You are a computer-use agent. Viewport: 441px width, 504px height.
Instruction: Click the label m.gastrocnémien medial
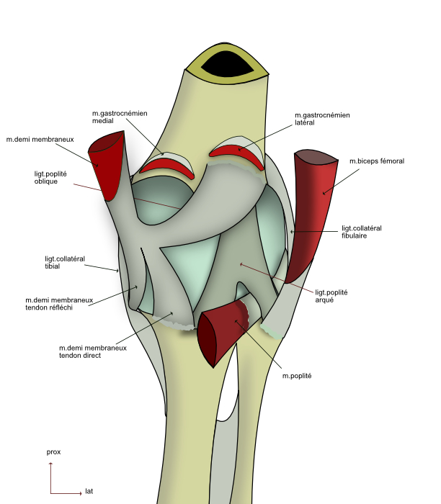click(120, 117)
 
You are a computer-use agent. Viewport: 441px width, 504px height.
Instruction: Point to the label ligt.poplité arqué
click(331, 295)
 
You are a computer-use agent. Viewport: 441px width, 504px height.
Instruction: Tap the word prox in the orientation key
click(53, 451)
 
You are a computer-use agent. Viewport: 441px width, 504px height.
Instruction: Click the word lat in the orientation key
click(89, 491)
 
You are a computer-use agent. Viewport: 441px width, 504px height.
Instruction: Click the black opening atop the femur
click(226, 65)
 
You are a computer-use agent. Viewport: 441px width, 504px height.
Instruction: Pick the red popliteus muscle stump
click(220, 331)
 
